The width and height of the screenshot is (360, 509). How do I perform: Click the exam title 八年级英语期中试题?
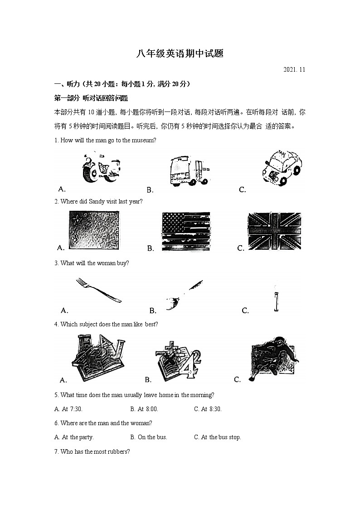coord(180,54)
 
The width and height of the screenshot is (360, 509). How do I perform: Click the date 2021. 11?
coord(294,70)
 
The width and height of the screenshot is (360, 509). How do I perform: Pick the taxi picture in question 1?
coord(282,169)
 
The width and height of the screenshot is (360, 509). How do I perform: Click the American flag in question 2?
coord(185,231)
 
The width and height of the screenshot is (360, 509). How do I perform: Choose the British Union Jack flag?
coord(274,231)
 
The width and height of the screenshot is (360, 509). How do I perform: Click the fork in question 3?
coord(98,290)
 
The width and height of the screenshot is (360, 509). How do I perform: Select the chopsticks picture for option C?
coord(275,298)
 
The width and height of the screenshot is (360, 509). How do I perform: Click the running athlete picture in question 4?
coord(273,358)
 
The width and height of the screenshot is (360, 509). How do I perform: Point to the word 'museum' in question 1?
coord(143,140)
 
